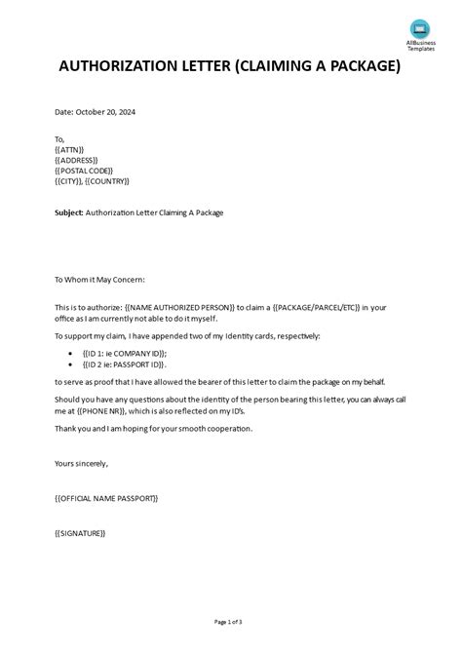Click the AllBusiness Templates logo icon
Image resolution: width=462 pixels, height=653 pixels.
coord(419,28)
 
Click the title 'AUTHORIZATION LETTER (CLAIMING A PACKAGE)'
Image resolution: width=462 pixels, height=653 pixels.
coord(230,67)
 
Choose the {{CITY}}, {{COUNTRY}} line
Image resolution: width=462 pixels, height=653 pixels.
coord(93,181)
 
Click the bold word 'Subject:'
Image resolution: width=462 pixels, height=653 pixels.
coord(69,211)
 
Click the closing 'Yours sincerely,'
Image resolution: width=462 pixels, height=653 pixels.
coord(82,463)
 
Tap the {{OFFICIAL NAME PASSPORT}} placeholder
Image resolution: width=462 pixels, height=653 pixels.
coord(106,498)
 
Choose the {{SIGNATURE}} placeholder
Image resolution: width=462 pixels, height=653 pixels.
coord(80,533)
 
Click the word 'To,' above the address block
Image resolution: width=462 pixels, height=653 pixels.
coord(60,140)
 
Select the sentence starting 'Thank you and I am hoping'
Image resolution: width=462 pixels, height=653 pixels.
coord(154,428)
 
